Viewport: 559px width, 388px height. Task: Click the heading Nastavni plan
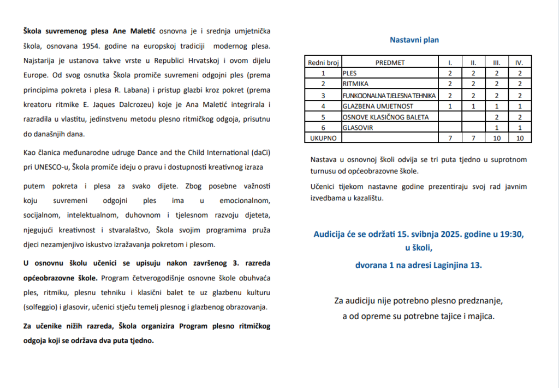coord(414,40)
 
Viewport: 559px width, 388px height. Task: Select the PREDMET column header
coord(390,62)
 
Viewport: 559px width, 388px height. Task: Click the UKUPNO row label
coord(323,139)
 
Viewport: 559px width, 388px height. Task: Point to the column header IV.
coord(520,62)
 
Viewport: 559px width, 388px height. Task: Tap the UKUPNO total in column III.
coord(496,139)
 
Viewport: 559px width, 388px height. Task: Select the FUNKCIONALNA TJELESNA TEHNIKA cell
coord(389,95)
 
